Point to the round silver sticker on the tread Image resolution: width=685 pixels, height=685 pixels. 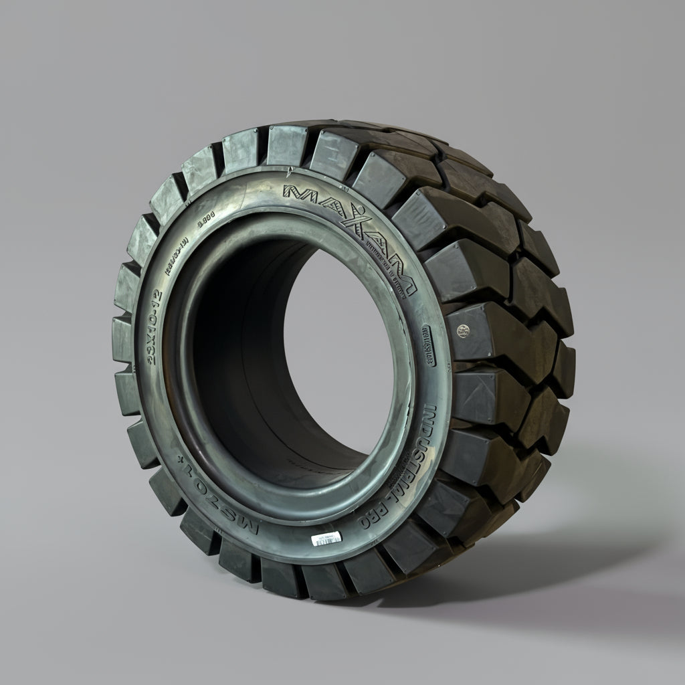click(460, 330)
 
